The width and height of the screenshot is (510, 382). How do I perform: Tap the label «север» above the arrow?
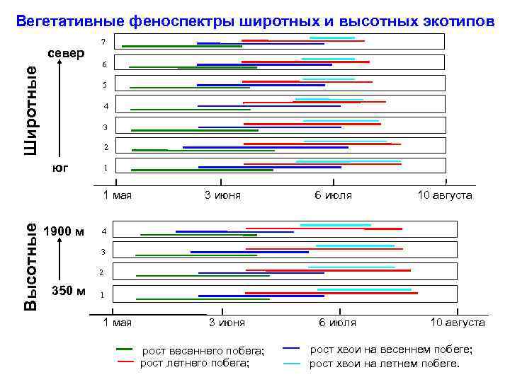coord(66,53)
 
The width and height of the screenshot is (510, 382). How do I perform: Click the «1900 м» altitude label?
coord(64,231)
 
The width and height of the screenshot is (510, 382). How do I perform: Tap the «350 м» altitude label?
coord(69,291)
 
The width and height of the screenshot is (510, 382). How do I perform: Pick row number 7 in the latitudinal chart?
coord(104,43)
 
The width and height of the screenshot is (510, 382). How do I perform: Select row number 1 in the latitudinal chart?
coord(105,168)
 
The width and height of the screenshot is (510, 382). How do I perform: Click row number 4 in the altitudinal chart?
coord(104,231)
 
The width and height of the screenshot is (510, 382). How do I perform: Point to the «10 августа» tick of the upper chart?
coord(445,195)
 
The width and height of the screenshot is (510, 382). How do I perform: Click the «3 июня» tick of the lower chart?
coord(227,323)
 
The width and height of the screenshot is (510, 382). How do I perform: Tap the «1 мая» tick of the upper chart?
coord(118,195)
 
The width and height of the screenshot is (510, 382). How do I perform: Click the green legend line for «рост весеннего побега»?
coord(124,349)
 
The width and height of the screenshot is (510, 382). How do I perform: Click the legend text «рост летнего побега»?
coord(195,363)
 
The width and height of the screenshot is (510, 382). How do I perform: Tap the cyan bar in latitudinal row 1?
coord(348,161)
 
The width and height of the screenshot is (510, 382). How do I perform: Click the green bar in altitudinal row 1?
coord(203,299)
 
